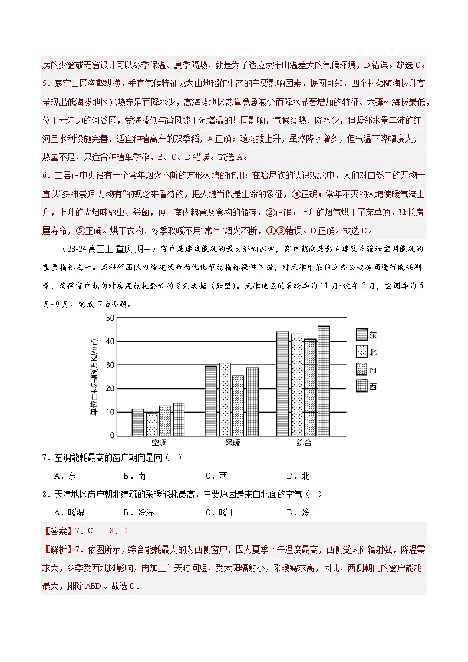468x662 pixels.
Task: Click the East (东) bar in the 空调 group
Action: pyautogui.click(x=138, y=422)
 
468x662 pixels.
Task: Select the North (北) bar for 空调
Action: pyautogui.click(x=151, y=424)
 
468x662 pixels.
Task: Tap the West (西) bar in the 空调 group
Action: pyautogui.click(x=179, y=419)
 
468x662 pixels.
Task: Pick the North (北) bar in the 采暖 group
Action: pyautogui.click(x=225, y=399)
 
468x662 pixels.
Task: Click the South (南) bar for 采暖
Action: pyautogui.click(x=238, y=406)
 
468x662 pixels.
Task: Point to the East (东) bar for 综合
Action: pyautogui.click(x=282, y=384)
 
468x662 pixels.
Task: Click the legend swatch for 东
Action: pyautogui.click(x=361, y=334)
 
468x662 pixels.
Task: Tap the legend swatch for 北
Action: pyautogui.click(x=361, y=352)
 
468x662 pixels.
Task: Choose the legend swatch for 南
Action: pyautogui.click(x=361, y=369)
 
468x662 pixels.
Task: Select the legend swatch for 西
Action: pyautogui.click(x=361, y=386)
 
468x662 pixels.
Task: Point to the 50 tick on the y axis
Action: pyautogui.click(x=110, y=318)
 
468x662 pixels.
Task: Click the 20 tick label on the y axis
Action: pyautogui.click(x=110, y=388)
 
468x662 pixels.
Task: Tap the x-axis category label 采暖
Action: pyautogui.click(x=232, y=443)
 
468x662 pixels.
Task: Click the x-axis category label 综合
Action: pyautogui.click(x=304, y=443)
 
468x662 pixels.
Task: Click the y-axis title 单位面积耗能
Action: pyautogui.click(x=94, y=377)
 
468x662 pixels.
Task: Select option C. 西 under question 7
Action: pyautogui.click(x=216, y=476)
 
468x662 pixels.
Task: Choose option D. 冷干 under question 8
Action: pyautogui.click(x=302, y=512)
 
